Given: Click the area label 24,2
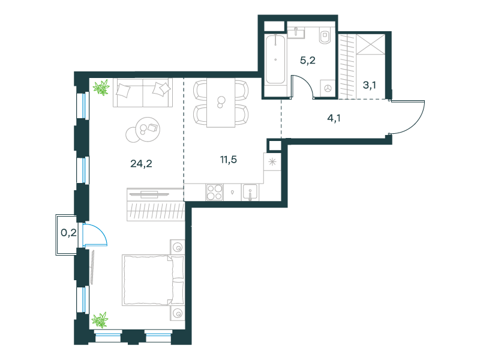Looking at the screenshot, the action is (141, 164).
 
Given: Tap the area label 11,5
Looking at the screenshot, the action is (229, 160).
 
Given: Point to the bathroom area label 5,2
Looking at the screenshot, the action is (308, 61).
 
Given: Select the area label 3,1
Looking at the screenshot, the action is (370, 85).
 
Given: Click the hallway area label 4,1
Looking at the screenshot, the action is (334, 118).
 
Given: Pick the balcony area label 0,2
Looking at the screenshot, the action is (68, 233).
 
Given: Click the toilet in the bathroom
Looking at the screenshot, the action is (325, 35).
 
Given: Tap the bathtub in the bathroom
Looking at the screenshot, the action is (275, 59).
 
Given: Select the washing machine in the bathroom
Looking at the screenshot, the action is (328, 88).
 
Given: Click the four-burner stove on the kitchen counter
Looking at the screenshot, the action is (214, 192).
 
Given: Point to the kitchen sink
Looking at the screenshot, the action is (250, 192).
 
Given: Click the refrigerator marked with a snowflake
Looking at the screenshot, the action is (272, 161).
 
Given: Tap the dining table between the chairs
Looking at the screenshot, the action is (221, 103).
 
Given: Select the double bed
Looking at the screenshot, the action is (154, 280).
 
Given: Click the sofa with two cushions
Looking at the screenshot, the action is (143, 92).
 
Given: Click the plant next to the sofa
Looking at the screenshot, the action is (101, 88).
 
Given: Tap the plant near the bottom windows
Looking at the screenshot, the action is (100, 320).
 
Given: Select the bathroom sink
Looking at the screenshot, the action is (296, 32).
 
